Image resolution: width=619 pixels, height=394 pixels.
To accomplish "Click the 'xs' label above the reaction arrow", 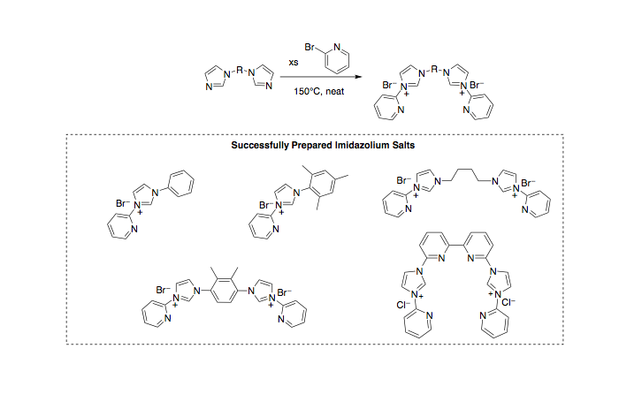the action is coord(294,63).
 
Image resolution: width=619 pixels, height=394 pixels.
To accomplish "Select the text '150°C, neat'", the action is coord(319,92).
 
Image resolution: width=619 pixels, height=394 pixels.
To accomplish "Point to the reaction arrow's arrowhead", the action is coord(358,77).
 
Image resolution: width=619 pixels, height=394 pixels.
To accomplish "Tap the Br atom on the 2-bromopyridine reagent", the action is coord(309,48).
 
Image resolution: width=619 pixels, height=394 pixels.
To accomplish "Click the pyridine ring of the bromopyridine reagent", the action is coord(337,59).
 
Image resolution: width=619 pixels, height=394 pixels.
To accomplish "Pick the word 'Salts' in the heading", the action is coord(403,145).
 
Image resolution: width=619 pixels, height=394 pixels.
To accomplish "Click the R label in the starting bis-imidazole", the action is coord(240,71).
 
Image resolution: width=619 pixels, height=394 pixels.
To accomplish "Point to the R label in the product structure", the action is coord(434,70).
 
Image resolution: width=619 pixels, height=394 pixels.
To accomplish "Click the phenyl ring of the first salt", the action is coord(181,184).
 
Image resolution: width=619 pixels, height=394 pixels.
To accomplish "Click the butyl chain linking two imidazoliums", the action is coord(466,176).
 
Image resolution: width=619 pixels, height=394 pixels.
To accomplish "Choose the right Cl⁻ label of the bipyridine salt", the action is coord(508,302).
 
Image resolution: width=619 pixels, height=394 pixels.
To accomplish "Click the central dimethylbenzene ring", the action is coord(225,291).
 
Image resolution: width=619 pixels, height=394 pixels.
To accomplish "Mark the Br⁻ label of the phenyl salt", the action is coord(123,203).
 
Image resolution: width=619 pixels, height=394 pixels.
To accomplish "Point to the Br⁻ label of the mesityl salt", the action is coord(266,205).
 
